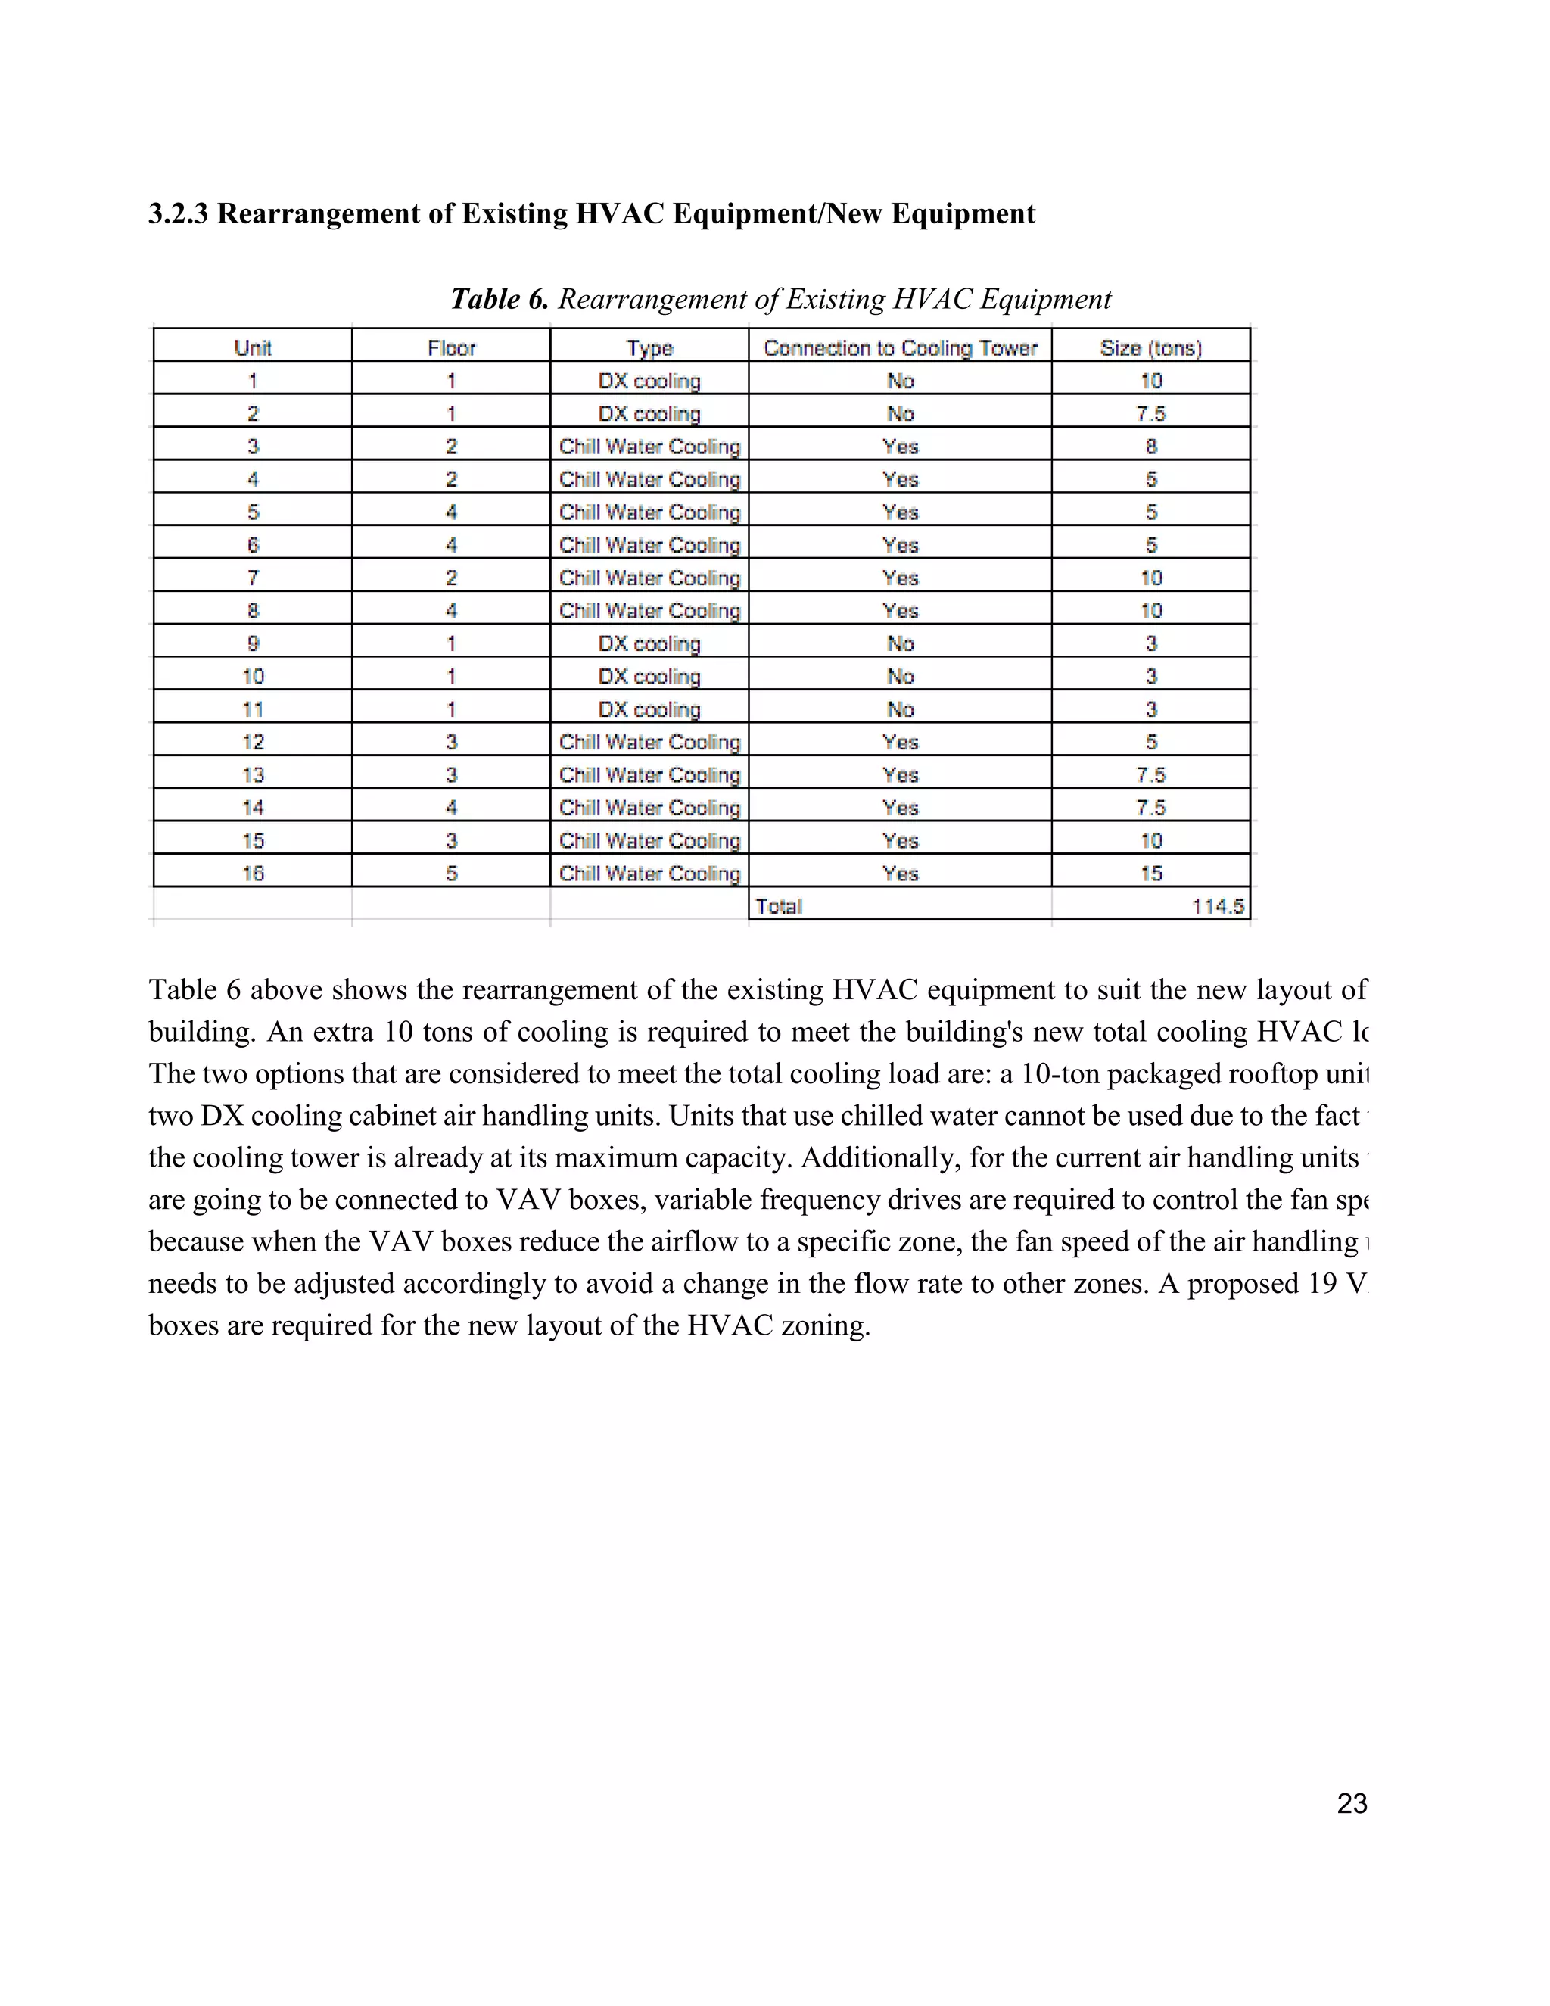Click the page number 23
tap(1352, 1803)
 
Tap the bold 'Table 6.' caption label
tap(499, 300)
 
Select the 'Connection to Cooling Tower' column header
tap(900, 348)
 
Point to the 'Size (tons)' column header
tap(1150, 348)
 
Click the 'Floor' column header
tap(451, 348)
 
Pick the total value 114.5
tap(1218, 907)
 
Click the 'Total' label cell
tap(779, 907)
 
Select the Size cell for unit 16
tap(1150, 874)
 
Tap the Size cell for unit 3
tap(1150, 447)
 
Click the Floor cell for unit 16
tap(451, 874)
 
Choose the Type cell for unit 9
tap(649, 644)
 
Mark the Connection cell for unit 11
tap(900, 709)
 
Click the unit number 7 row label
tap(253, 578)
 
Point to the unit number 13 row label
tap(253, 775)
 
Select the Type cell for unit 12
tap(649, 742)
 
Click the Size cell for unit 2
tap(1150, 414)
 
